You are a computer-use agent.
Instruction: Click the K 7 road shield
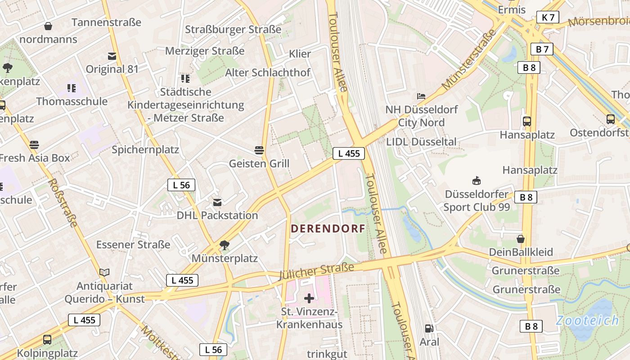pyautogui.click(x=548, y=18)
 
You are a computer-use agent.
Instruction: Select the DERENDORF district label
pyautogui.click(x=328, y=229)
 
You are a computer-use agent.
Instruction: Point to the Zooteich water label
pyautogui.click(x=587, y=321)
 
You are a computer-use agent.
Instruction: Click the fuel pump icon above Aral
pyautogui.click(x=429, y=329)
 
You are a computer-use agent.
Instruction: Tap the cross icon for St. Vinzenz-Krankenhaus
pyautogui.click(x=309, y=298)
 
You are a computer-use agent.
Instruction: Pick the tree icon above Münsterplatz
pyautogui.click(x=224, y=245)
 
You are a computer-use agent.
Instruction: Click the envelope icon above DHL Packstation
pyautogui.click(x=217, y=202)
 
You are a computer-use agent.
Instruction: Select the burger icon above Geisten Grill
pyautogui.click(x=259, y=150)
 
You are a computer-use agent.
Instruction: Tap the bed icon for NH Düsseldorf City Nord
pyautogui.click(x=421, y=96)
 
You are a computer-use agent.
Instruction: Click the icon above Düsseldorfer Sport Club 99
pyautogui.click(x=477, y=181)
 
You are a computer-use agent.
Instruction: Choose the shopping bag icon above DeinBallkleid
pyautogui.click(x=521, y=239)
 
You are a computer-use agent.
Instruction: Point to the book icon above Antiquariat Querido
pyautogui.click(x=104, y=272)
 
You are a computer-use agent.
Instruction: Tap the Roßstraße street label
pyautogui.click(x=63, y=203)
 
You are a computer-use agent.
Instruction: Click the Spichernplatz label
pyautogui.click(x=145, y=150)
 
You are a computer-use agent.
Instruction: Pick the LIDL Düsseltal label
pyautogui.click(x=421, y=142)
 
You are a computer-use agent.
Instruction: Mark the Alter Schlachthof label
pyautogui.click(x=268, y=72)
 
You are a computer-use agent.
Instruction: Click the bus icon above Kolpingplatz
pyautogui.click(x=47, y=340)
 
